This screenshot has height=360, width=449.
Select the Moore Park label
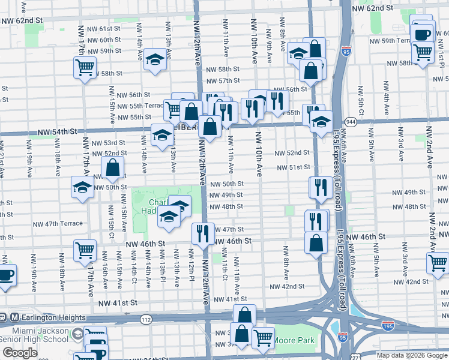[294, 340]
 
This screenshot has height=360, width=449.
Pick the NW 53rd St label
[109, 143]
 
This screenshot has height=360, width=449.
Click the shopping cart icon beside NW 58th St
[85, 67]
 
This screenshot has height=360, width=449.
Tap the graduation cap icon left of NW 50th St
[82, 187]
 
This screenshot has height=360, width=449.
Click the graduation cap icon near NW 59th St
[155, 59]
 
